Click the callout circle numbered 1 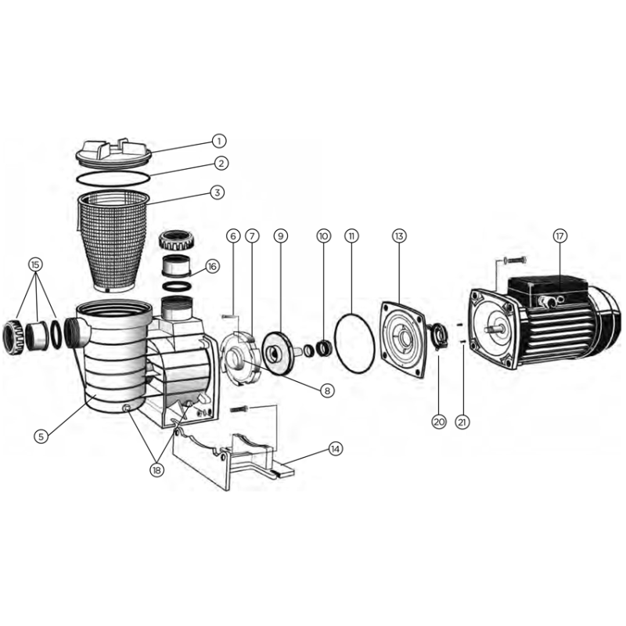click(218, 141)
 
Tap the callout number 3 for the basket click(218, 192)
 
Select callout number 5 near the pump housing click(41, 437)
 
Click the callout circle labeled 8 click(327, 390)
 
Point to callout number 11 click(351, 236)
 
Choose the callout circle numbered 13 click(399, 236)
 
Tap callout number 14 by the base click(336, 448)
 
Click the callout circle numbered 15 click(35, 264)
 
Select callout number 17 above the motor click(559, 236)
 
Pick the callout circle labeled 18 click(157, 470)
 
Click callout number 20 click(439, 422)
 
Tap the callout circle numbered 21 click(462, 422)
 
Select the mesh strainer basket click(113, 242)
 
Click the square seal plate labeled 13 click(403, 340)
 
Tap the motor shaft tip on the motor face click(487, 329)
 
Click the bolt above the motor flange click(515, 261)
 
